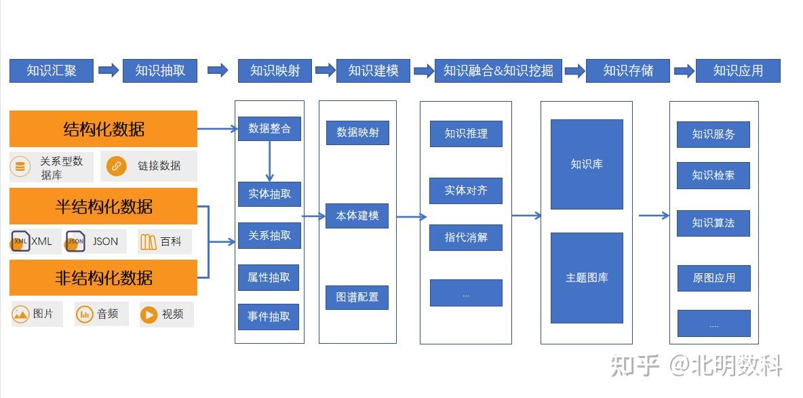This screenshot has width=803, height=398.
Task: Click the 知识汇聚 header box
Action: [x=52, y=71]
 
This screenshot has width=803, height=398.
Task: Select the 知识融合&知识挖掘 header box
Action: [x=498, y=71]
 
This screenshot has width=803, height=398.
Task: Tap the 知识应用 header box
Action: [x=738, y=71]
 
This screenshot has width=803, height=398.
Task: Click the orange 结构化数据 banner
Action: [x=103, y=129]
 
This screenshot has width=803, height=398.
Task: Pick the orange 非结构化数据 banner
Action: [x=103, y=277]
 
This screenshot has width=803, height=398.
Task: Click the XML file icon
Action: [x=20, y=241]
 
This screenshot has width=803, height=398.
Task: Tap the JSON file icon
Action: [x=75, y=241]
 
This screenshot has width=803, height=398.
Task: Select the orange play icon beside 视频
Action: [x=149, y=315]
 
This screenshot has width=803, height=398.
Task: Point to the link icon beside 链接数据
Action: [x=116, y=166]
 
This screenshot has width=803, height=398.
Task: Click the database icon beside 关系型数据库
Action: [x=20, y=167]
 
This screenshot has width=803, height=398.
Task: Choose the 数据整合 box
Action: [x=269, y=129]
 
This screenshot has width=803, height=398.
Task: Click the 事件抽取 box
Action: [x=269, y=317]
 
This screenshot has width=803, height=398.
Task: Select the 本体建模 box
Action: [x=357, y=216]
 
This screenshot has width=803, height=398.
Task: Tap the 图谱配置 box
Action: [x=357, y=297]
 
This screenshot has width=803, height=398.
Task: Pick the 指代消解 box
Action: [x=466, y=238]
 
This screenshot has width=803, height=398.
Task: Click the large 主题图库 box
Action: [x=587, y=277]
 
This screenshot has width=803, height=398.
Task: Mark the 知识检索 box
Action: [x=713, y=175]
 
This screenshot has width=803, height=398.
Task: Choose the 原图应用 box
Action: [x=714, y=278]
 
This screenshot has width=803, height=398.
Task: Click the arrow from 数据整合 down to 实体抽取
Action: [x=269, y=161]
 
